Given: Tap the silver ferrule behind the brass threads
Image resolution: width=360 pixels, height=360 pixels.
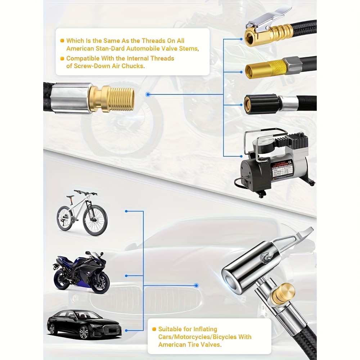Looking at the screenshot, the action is point(72,98).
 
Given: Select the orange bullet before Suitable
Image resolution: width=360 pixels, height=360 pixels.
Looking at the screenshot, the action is point(154,329).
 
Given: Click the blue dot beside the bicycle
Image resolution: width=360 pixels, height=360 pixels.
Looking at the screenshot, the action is point(126,211).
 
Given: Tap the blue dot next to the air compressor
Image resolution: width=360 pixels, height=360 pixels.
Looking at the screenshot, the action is point(241,156).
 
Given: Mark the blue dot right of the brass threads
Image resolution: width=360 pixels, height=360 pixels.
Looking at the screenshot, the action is point(148,94).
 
